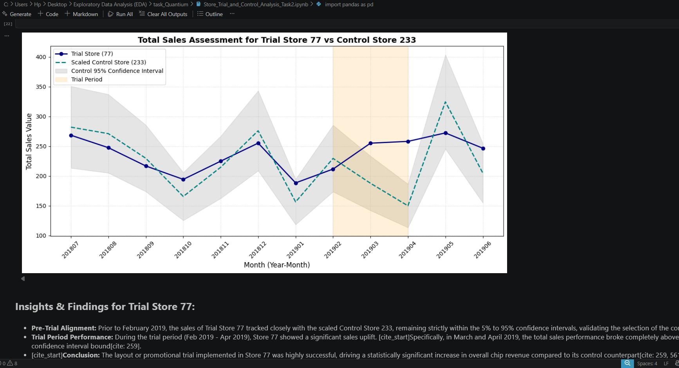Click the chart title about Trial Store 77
click(277, 40)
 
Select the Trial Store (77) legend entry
click(92, 54)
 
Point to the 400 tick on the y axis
click(41, 57)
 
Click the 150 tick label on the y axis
click(41, 206)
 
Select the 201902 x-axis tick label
click(332, 250)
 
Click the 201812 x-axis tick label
click(258, 250)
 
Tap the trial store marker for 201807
click(71, 136)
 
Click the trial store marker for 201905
click(446, 133)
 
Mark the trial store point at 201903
click(370, 143)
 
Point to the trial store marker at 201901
click(296, 183)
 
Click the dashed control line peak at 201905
click(446, 102)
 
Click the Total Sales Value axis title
click(29, 141)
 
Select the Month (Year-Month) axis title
click(277, 265)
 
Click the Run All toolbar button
click(121, 14)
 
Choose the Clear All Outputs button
click(163, 14)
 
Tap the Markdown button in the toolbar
click(81, 14)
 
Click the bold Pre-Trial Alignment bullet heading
click(64, 328)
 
